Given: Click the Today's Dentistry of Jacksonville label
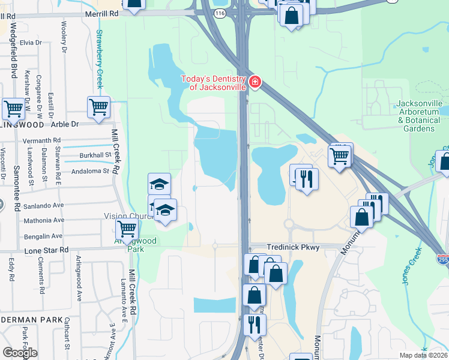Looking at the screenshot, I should pyautogui.click(x=217, y=83).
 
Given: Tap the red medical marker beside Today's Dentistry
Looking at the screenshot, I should pyautogui.click(x=255, y=81).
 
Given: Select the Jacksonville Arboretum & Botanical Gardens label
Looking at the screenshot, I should pyautogui.click(x=419, y=116).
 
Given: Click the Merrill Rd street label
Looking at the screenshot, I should pyautogui.click(x=102, y=13).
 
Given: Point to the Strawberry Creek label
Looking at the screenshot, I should pyautogui.click(x=100, y=60).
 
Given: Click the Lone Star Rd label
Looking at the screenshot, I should pyautogui.click(x=47, y=250).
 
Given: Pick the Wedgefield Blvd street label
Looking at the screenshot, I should pyautogui.click(x=13, y=54).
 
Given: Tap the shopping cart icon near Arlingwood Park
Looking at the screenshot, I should pyautogui.click(x=127, y=229).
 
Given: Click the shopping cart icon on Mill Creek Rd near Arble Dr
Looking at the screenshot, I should pyautogui.click(x=98, y=107).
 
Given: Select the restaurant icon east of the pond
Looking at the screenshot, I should pyautogui.click(x=307, y=178).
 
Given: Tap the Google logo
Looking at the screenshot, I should pyautogui.click(x=20, y=353).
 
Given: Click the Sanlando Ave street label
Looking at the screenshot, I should pyautogui.click(x=43, y=205).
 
